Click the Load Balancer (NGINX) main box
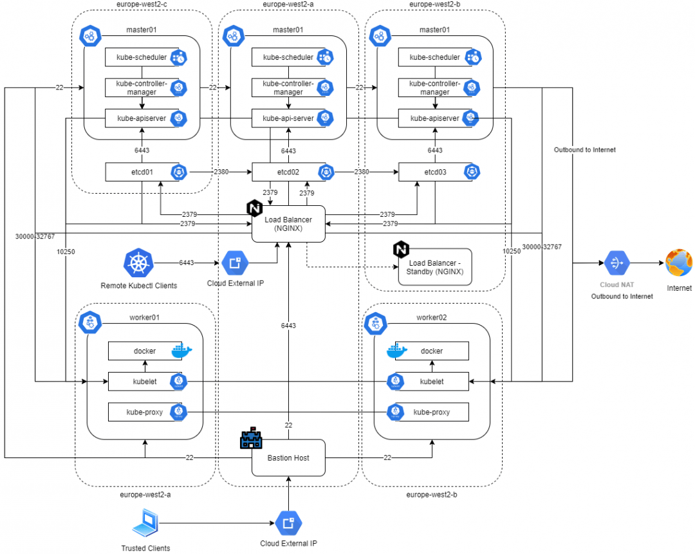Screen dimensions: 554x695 click(x=288, y=224)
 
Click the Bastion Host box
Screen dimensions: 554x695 click(x=288, y=457)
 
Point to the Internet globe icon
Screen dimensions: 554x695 click(x=680, y=263)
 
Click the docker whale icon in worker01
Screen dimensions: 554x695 click(x=181, y=351)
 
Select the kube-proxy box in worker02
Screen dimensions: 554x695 click(x=431, y=411)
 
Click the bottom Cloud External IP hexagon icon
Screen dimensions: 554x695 click(x=288, y=523)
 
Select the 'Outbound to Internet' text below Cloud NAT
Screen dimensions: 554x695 click(x=622, y=296)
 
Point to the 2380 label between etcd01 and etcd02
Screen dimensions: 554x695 click(x=221, y=172)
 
